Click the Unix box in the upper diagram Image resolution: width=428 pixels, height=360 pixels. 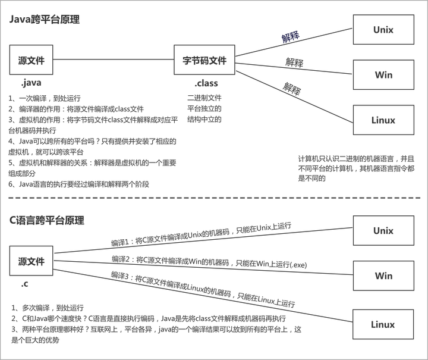point(383,29)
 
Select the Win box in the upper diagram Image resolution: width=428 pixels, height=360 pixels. point(383,74)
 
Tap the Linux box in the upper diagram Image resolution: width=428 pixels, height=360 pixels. point(383,120)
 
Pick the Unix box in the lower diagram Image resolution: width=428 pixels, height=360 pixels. point(383,230)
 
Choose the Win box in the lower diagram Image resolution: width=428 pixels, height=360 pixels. point(383,275)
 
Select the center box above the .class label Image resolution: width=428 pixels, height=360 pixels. point(204,59)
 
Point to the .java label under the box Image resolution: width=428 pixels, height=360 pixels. point(28,83)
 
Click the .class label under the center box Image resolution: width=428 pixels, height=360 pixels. point(204,84)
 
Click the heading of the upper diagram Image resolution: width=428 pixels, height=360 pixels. point(45,20)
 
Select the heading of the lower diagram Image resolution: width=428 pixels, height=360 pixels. point(48,221)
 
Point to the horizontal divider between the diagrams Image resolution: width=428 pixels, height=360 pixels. point(214,197)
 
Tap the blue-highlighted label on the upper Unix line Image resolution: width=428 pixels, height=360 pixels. point(291,37)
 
